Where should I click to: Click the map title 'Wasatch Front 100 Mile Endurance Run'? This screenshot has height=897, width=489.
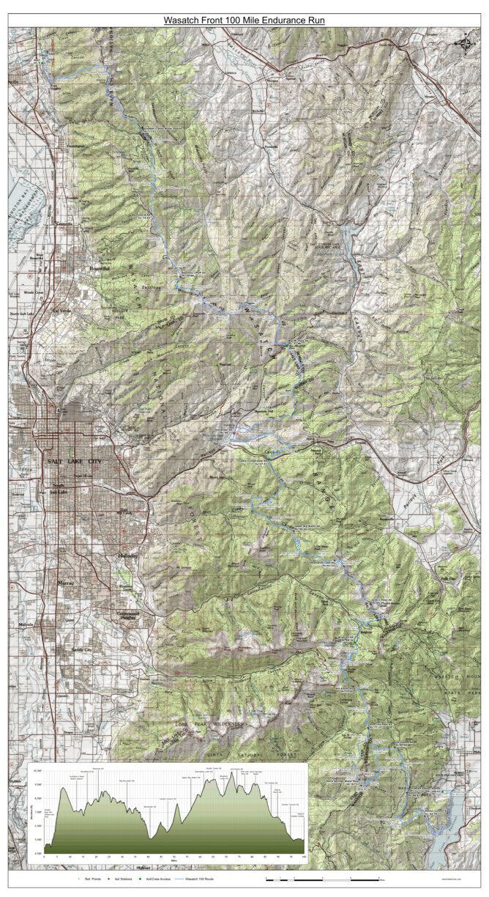[244, 21]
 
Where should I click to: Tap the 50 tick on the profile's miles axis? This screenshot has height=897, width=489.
[173, 856]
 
